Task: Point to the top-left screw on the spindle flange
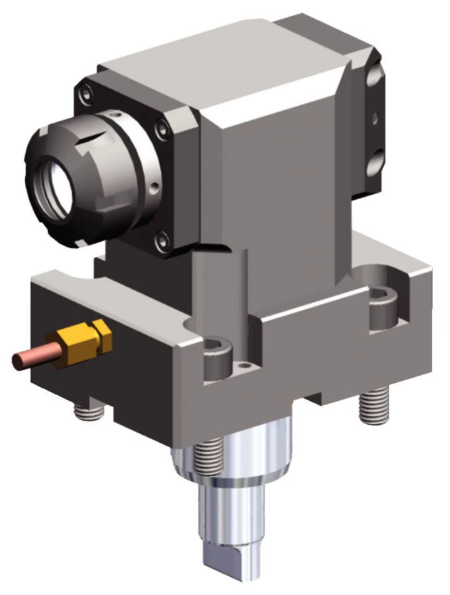click(85, 95)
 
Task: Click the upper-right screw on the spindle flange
click(163, 128)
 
